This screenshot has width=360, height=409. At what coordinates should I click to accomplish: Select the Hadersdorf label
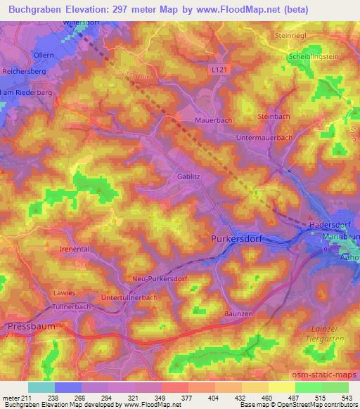pyautogui.click(x=330, y=225)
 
